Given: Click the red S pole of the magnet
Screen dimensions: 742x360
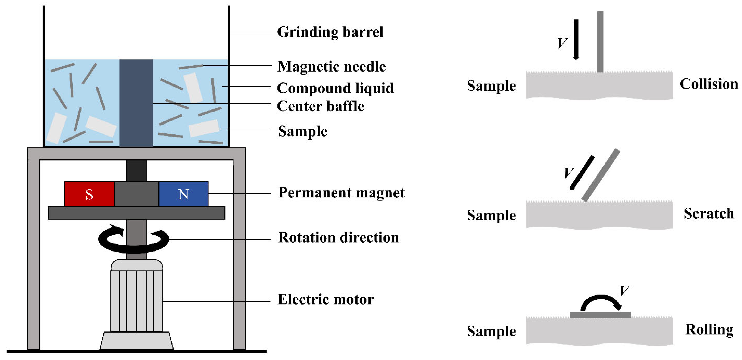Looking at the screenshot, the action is tap(89, 194).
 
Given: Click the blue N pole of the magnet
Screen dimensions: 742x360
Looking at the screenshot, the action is tap(183, 194).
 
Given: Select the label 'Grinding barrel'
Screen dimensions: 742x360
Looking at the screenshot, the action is tap(330, 32).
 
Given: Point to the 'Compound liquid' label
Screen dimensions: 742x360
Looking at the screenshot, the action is tap(335, 88).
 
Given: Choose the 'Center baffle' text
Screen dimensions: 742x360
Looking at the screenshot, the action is tap(320, 106).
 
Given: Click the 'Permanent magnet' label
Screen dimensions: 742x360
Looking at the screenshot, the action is tap(342, 192).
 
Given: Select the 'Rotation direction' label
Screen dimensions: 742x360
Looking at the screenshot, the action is tap(338, 238).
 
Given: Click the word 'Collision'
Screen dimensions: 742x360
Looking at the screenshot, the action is tap(709, 84).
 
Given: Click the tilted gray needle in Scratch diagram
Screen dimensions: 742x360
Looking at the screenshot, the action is tap(601, 175).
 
